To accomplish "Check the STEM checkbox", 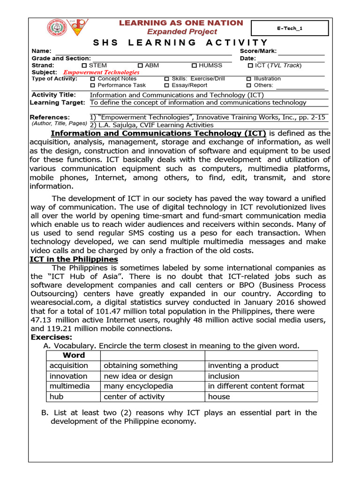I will (84, 66).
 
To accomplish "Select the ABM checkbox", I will (141, 66).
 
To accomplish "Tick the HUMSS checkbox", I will (195, 66).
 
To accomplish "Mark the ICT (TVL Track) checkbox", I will (250, 66).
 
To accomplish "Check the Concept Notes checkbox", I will (93, 79).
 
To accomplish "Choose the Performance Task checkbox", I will (93, 86).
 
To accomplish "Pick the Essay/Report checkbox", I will (167, 86).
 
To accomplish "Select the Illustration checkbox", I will (249, 79).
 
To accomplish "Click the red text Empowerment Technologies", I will (101, 73).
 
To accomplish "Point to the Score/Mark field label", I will (258, 51).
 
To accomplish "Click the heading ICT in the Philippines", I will (74, 260).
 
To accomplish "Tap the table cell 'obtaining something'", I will (141, 366).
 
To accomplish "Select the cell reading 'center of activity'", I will (134, 397).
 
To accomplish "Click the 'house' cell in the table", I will (219, 397).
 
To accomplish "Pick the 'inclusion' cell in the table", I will (224, 376).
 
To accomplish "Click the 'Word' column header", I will (74, 355).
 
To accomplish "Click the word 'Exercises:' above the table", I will (52, 337).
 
